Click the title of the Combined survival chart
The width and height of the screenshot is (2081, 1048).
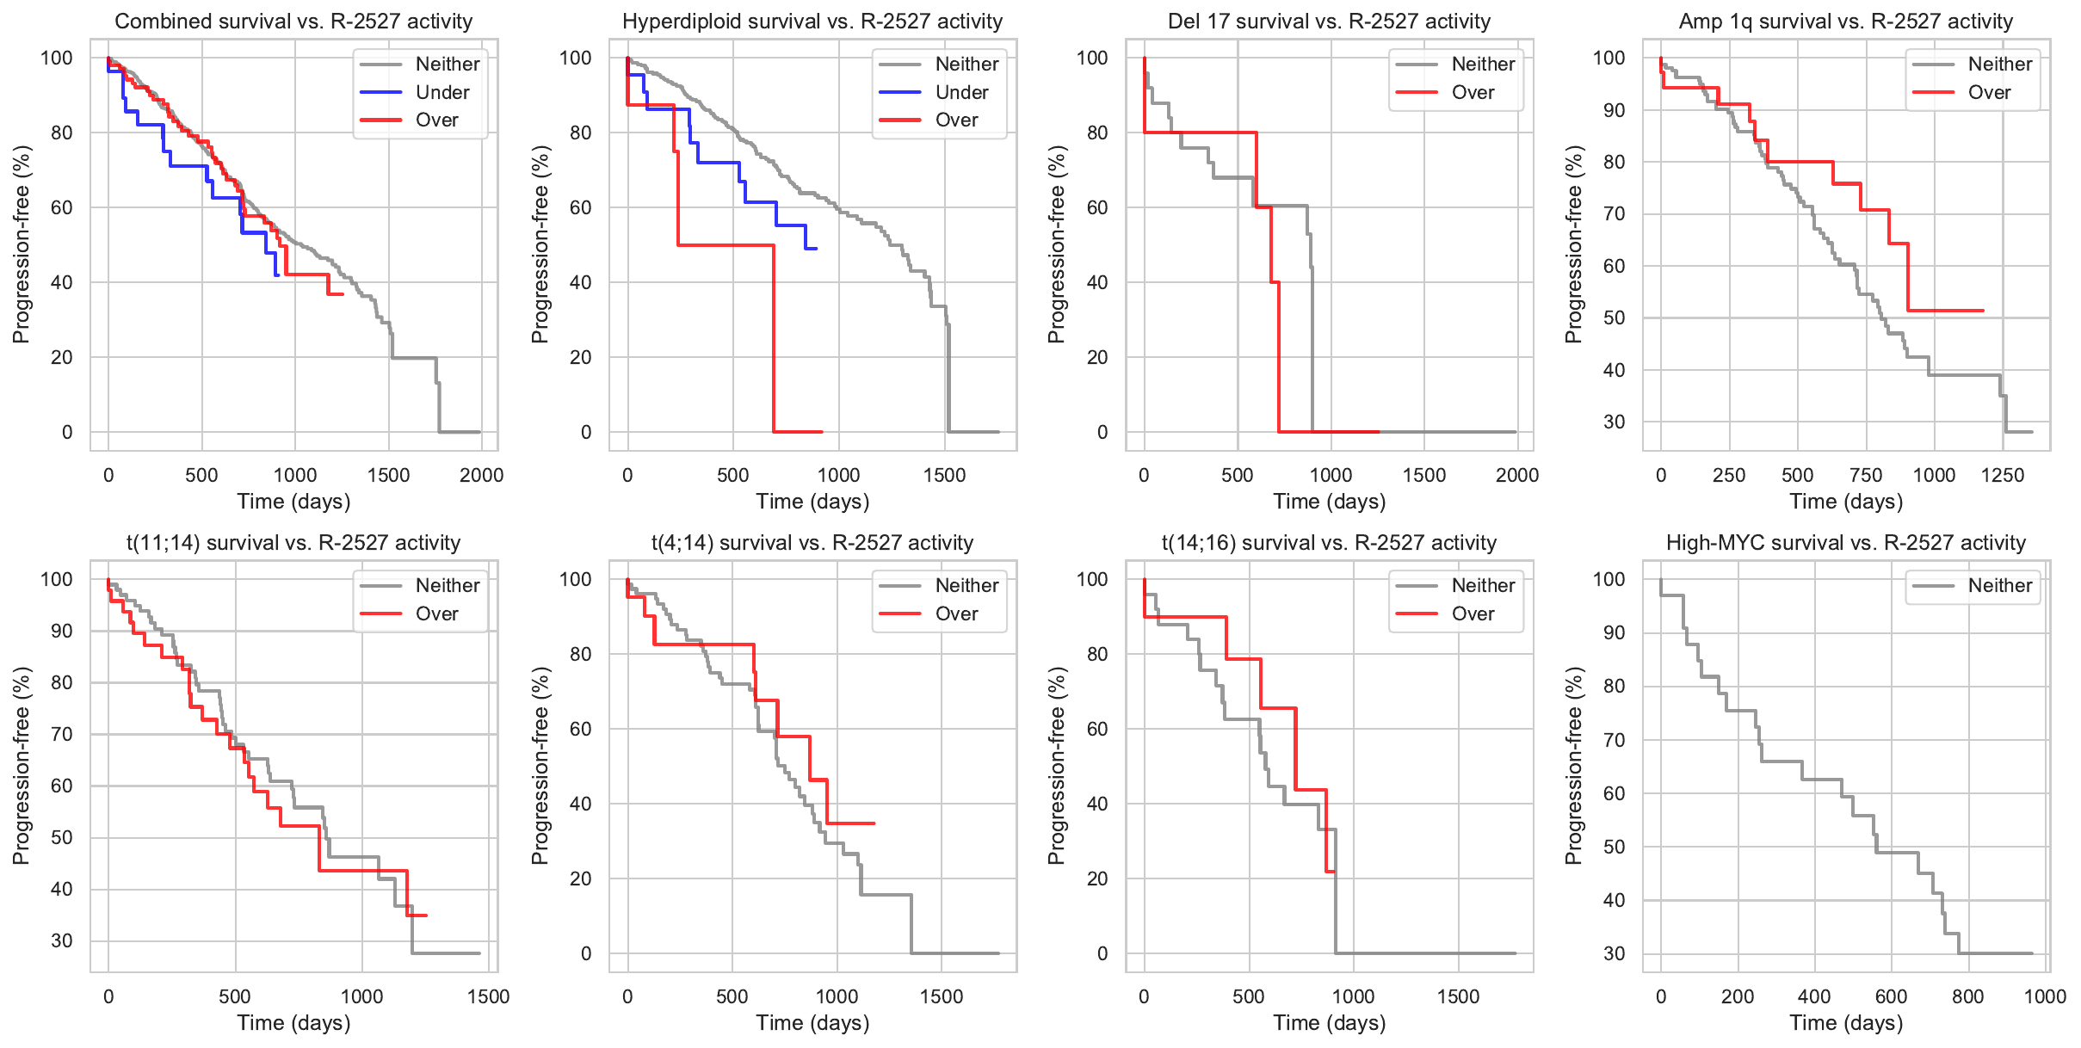pyautogui.click(x=293, y=22)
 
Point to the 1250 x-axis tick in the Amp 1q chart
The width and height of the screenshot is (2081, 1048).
pyautogui.click(x=2003, y=476)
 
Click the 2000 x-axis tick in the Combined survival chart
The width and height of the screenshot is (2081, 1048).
pyautogui.click(x=481, y=476)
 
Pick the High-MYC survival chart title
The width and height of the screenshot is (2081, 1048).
pyautogui.click(x=1846, y=543)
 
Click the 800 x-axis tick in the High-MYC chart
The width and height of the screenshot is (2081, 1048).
pyautogui.click(x=1968, y=997)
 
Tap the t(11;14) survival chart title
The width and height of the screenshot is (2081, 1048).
pyautogui.click(x=293, y=543)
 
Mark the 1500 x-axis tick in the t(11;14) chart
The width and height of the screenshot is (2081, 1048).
pyautogui.click(x=488, y=997)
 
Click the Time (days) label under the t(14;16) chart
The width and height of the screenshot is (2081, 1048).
pyautogui.click(x=1330, y=1023)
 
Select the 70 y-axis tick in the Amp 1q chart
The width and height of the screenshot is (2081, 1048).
pyautogui.click(x=1614, y=214)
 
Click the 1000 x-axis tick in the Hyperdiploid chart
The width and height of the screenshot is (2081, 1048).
pyautogui.click(x=838, y=476)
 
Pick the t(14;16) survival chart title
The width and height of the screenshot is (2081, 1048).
pyautogui.click(x=1330, y=543)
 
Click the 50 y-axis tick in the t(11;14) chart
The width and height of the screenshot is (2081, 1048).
pyautogui.click(x=62, y=838)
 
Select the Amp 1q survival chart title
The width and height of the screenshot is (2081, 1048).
pyautogui.click(x=1846, y=22)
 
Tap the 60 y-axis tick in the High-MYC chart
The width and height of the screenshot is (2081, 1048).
pyautogui.click(x=1614, y=793)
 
